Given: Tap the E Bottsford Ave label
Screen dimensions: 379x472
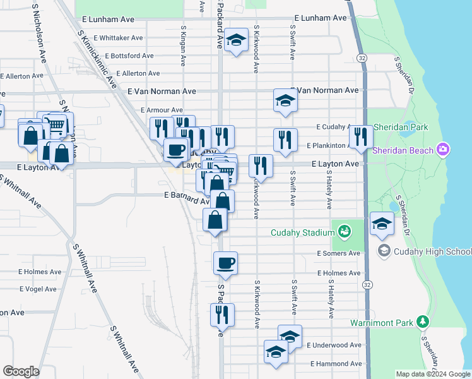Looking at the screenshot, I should coord(129,56).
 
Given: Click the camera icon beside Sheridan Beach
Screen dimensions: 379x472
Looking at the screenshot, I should coord(444,150).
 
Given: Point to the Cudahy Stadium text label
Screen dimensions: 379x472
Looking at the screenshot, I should coord(302,232).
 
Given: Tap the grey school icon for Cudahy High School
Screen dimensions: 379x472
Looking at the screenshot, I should coord(383,251).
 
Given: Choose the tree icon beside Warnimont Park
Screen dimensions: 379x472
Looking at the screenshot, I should coord(423,322).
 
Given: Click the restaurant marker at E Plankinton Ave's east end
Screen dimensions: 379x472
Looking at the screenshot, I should coord(360,136).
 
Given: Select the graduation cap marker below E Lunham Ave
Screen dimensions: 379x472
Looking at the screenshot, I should coord(236,41).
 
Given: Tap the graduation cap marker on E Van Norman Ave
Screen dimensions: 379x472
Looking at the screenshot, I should coord(285,100).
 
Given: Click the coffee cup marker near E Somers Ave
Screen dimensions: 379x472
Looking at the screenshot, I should coord(225,262).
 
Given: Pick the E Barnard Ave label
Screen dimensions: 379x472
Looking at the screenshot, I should coord(187,196).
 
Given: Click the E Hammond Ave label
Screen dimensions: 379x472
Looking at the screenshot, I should coord(336,364).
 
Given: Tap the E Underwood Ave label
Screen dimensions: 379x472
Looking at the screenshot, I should coord(334,346).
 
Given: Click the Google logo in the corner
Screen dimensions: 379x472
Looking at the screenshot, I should coord(21,371).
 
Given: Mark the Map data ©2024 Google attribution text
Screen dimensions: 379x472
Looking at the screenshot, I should coord(433,374).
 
